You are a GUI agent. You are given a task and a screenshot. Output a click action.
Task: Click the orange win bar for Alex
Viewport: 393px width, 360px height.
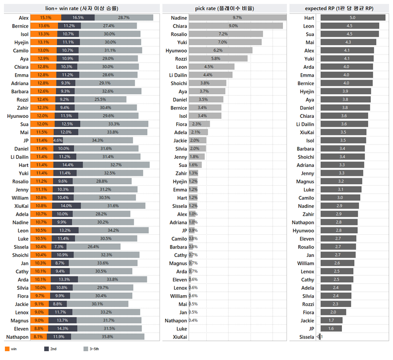45,17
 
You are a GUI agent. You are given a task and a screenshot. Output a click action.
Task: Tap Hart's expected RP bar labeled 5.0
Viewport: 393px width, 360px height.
353,17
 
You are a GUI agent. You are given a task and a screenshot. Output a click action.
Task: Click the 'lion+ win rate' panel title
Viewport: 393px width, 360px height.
82,8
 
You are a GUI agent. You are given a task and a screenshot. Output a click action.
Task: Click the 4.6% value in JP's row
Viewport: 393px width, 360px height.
57,140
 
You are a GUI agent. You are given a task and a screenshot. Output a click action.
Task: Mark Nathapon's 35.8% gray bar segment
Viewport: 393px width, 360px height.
108,336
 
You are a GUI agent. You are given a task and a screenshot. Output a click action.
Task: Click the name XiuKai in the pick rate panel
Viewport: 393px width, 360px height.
179,336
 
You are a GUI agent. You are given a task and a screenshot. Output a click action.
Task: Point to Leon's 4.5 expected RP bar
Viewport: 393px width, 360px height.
349,26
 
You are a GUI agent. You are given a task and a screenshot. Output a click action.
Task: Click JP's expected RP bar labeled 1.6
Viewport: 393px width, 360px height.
331,328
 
